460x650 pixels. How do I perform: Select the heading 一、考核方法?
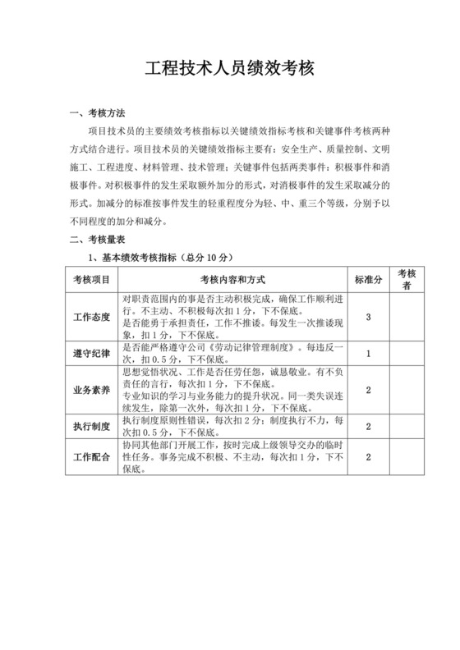click(x=98, y=113)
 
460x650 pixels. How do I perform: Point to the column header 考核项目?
click(x=92, y=280)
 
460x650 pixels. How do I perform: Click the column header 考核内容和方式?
click(x=232, y=280)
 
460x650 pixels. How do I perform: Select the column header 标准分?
click(x=369, y=280)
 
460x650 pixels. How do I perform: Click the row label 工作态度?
click(x=92, y=317)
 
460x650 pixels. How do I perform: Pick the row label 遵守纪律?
click(x=92, y=353)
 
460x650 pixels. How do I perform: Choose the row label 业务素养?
click(x=92, y=390)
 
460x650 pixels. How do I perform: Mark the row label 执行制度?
click(x=92, y=426)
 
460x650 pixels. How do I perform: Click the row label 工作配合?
click(x=92, y=457)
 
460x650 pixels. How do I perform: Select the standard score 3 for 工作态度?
click(x=369, y=317)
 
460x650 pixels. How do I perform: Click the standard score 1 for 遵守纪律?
click(x=369, y=353)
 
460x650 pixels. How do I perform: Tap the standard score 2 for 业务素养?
click(x=369, y=390)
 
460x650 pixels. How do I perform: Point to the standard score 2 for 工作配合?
click(x=369, y=457)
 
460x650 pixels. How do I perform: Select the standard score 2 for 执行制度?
click(x=369, y=426)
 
